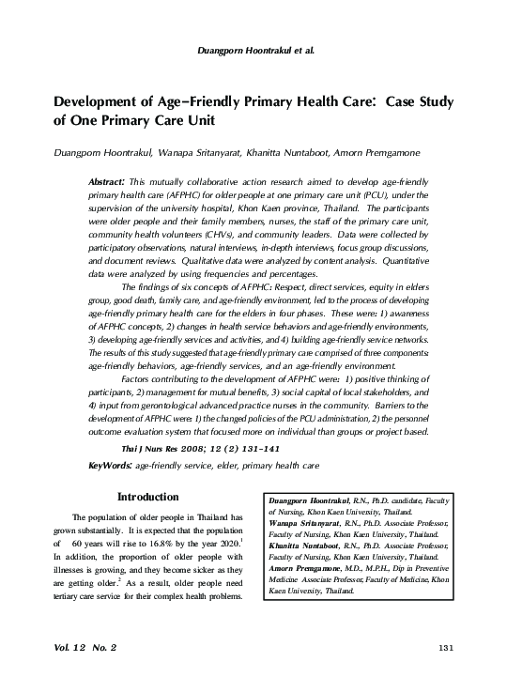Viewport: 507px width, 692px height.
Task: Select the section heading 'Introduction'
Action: pos(147,497)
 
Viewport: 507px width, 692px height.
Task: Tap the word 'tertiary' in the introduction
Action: pos(69,600)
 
